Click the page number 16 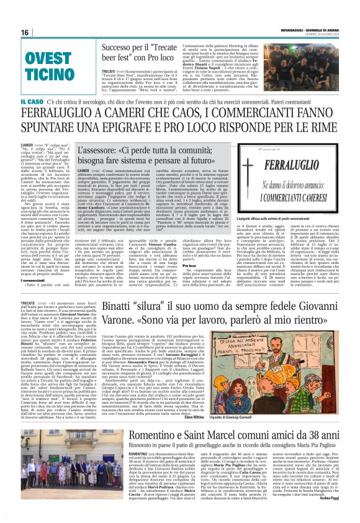click(x=25, y=32)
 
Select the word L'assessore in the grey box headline click(x=96, y=150)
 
